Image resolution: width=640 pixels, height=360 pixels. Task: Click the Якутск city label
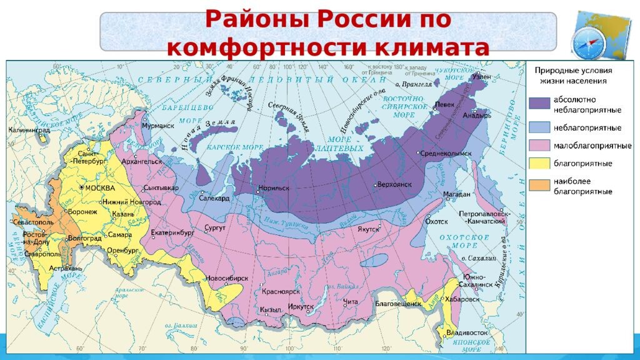click(x=369, y=229)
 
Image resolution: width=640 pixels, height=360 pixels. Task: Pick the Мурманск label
click(x=157, y=126)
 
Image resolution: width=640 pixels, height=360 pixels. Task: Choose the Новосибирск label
click(x=227, y=277)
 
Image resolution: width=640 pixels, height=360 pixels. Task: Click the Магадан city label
click(x=456, y=194)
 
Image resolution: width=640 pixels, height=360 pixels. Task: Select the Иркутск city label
click(x=301, y=306)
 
